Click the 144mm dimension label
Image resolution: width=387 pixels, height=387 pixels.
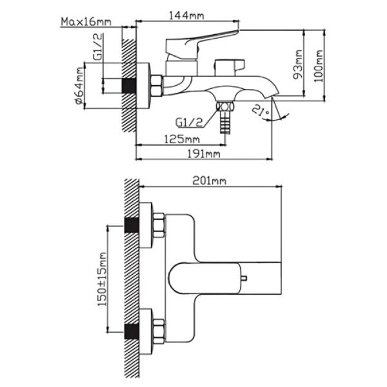186,15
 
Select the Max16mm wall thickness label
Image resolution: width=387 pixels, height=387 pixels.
86,22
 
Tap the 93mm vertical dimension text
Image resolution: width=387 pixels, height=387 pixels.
298,64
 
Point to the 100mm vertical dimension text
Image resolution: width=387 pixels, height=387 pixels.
319,66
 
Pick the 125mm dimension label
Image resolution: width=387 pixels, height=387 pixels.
182,139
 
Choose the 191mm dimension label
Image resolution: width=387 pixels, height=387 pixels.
204,154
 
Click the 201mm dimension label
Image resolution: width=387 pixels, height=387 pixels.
209,181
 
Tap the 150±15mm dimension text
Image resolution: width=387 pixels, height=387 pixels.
102,279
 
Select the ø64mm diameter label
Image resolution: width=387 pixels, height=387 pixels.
79,85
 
